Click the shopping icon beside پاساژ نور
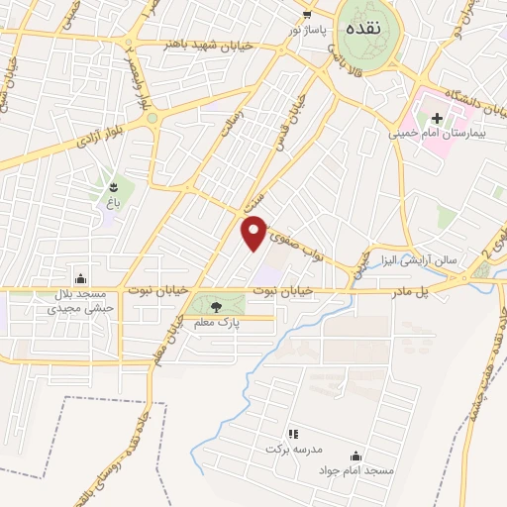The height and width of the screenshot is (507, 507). click(x=307, y=14)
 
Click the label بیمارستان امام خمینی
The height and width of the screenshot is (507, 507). click(x=431, y=132)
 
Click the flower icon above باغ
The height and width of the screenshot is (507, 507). click(x=114, y=187)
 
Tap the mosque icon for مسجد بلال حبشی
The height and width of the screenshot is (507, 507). click(x=81, y=278)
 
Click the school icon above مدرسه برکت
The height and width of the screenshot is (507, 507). click(x=292, y=434)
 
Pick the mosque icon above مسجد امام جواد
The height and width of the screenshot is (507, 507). click(x=355, y=456)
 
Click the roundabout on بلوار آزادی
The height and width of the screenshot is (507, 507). click(x=152, y=119)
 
